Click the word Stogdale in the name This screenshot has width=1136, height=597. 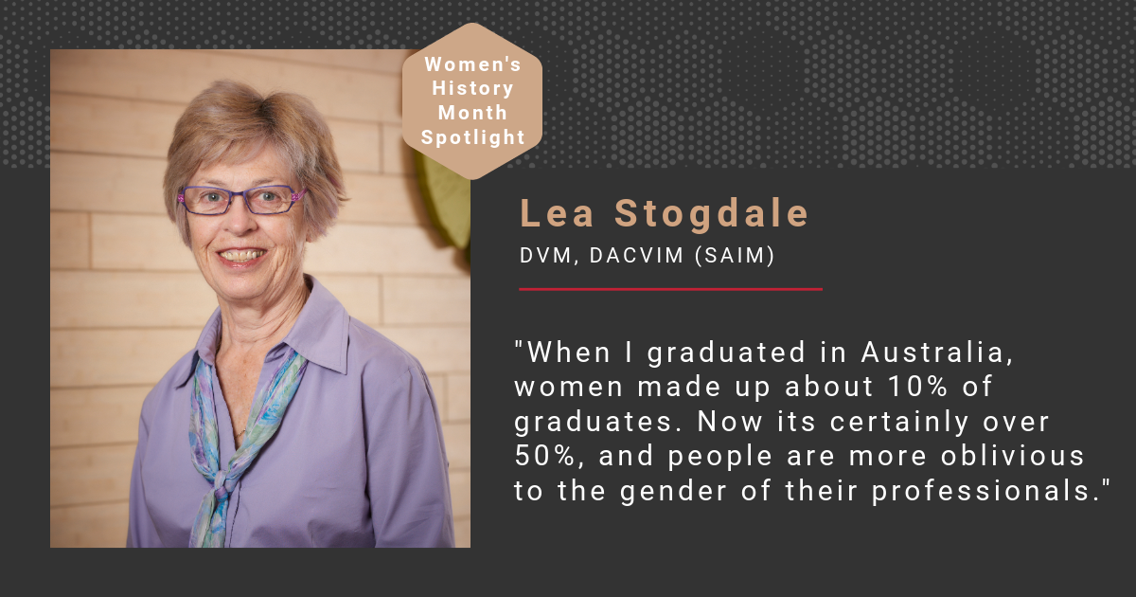click(x=712, y=214)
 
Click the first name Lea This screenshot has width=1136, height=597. click(x=557, y=214)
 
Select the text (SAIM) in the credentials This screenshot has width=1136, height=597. click(x=735, y=255)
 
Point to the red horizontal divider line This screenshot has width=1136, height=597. click(x=670, y=289)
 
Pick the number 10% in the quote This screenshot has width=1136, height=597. click(x=918, y=387)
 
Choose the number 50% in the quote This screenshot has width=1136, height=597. click(x=545, y=457)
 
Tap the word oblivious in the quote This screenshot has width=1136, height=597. click(x=1013, y=456)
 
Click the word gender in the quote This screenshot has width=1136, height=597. click(x=673, y=492)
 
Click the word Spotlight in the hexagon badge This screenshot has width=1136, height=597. click(x=472, y=137)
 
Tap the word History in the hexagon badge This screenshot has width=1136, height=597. click(x=472, y=88)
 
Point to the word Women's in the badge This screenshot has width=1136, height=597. click(x=472, y=64)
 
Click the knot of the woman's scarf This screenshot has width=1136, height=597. click(x=222, y=483)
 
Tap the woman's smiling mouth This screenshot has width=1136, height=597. click(x=241, y=255)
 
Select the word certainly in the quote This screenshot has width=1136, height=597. click(x=899, y=423)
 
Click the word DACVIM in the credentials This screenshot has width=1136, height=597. click(x=637, y=256)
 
